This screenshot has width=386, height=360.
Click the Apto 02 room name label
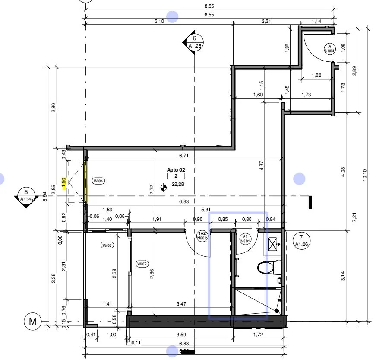176,170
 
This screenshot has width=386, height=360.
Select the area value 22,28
178,185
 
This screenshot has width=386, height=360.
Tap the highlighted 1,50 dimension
63,183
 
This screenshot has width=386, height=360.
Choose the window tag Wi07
142,264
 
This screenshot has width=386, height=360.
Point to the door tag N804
330,48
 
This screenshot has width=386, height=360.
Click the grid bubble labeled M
32,321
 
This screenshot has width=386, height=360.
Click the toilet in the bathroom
267,267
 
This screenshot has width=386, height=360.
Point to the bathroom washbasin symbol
273,244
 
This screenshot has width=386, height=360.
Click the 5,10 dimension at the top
158,21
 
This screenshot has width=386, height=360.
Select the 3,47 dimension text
181,304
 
